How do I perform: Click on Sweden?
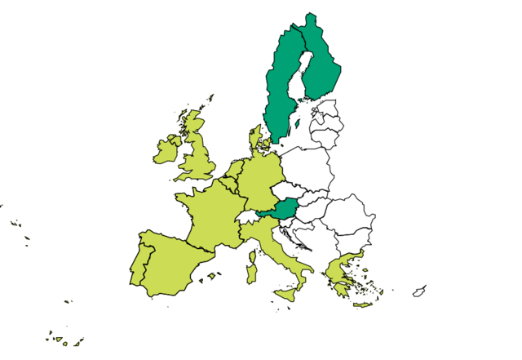tap(281, 90)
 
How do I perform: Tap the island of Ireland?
tap(166, 151)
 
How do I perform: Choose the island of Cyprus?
tap(419, 291)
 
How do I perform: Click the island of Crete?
tap(362, 304)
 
